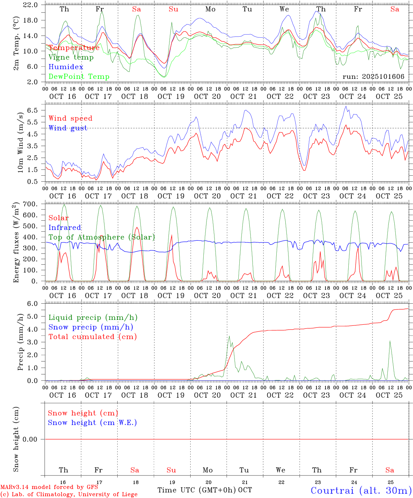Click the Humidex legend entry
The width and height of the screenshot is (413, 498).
[x=66, y=67]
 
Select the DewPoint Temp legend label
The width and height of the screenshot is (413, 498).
[x=79, y=77]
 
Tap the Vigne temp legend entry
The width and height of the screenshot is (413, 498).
[x=71, y=57]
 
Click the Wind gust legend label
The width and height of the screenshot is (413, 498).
[x=68, y=128]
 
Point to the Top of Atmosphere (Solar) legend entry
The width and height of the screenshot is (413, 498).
[x=102, y=237]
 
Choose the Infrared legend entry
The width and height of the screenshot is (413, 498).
[x=65, y=228]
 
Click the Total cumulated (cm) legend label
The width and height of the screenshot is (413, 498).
[x=93, y=337]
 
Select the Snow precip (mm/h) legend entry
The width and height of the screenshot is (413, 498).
[x=91, y=327]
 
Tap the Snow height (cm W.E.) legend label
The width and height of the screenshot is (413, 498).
[x=92, y=423]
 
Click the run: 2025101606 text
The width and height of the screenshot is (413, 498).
[x=373, y=77]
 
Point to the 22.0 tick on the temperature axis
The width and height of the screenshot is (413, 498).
[x=30, y=5]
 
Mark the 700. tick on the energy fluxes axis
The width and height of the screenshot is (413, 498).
[x=29, y=204]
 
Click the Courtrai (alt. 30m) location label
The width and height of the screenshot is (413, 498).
[x=361, y=490]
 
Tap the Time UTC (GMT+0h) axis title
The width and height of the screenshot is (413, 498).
[x=197, y=490]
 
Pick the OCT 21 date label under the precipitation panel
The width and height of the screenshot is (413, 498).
[x=244, y=395]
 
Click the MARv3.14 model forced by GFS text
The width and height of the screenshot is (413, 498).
[x=49, y=487]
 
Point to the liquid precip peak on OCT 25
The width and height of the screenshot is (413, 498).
[x=390, y=341]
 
